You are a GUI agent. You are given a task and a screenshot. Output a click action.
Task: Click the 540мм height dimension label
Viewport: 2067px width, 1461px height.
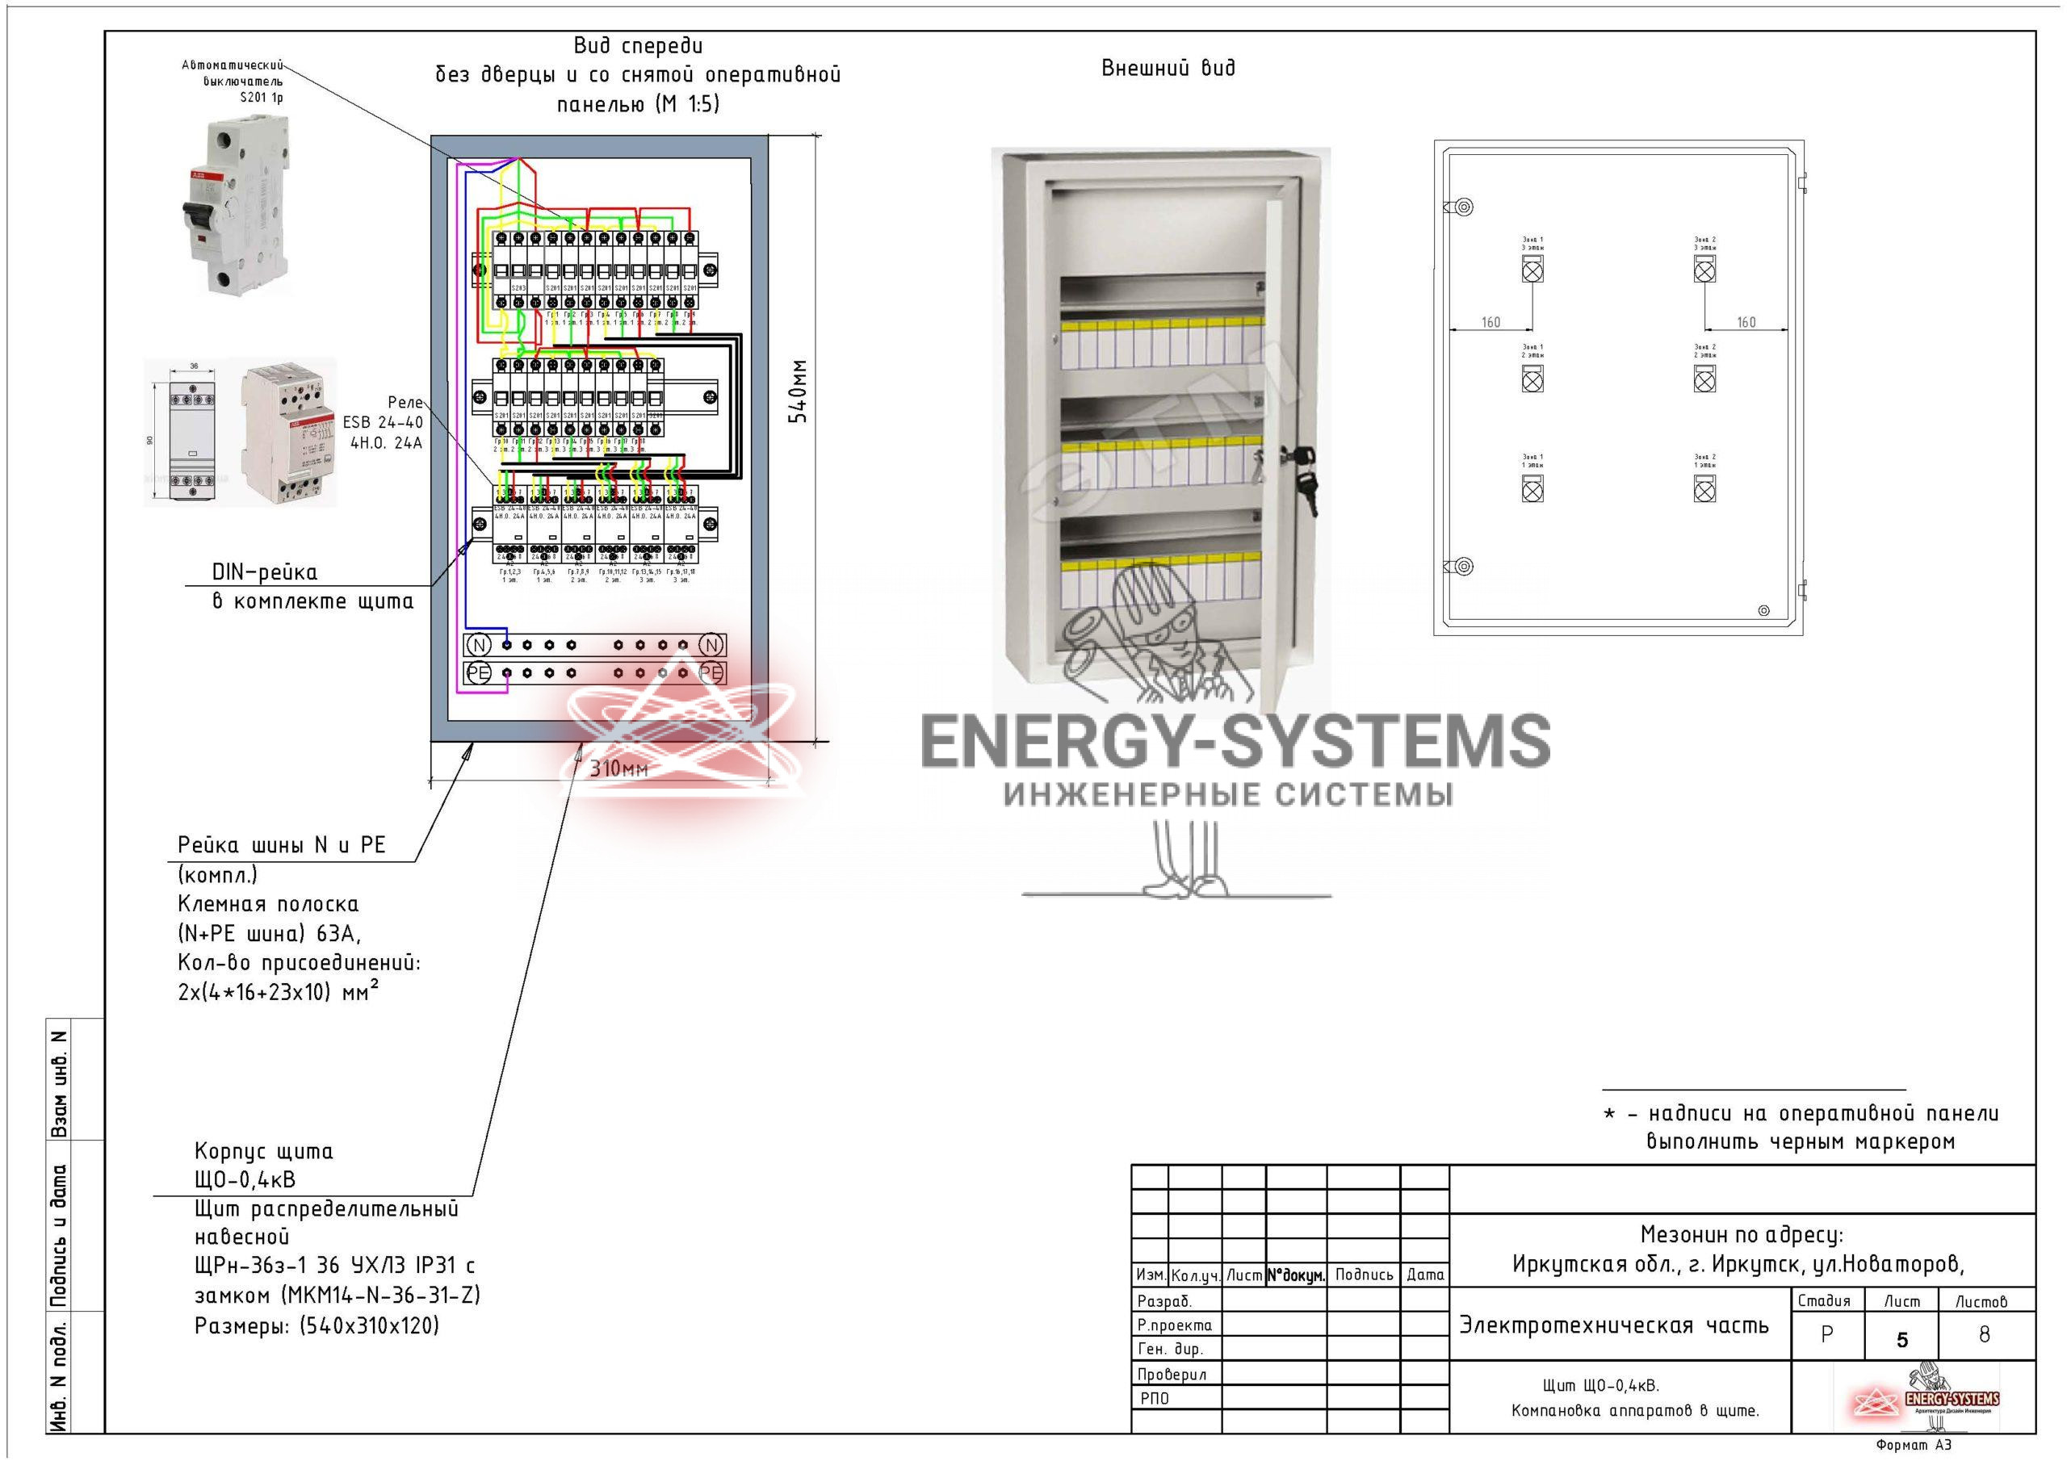798,391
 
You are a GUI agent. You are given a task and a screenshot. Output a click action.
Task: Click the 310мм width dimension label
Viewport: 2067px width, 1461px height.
618,768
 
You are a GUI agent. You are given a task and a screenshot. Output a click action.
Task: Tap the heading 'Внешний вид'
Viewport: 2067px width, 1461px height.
1168,69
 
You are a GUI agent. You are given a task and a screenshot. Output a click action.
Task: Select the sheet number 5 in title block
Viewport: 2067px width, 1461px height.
1901,1339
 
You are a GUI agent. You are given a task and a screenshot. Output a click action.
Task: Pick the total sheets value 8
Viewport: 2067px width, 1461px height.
1983,1335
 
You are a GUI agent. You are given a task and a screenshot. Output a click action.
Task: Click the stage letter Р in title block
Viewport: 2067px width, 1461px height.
1826,1335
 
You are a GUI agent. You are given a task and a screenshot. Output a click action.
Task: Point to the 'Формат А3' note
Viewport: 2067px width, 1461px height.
1913,1445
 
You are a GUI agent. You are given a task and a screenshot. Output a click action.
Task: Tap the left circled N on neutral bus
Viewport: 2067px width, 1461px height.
479,644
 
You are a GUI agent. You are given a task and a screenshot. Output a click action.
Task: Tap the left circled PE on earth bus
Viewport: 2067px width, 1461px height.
479,672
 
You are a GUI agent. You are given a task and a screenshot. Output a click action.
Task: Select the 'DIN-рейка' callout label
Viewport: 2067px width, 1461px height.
265,572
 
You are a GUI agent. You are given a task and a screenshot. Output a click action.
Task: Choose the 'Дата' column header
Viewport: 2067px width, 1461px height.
1424,1275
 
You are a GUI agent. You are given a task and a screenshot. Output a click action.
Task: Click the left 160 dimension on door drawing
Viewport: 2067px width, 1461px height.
1490,322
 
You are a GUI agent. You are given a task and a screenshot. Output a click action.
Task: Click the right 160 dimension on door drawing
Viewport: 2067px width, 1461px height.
1746,322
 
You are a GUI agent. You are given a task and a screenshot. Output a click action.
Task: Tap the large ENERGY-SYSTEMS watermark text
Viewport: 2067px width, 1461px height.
1235,740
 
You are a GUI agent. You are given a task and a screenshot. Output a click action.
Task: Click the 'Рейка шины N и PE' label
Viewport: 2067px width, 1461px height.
281,845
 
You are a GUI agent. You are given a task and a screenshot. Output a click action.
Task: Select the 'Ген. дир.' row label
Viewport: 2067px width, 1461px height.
1169,1350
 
